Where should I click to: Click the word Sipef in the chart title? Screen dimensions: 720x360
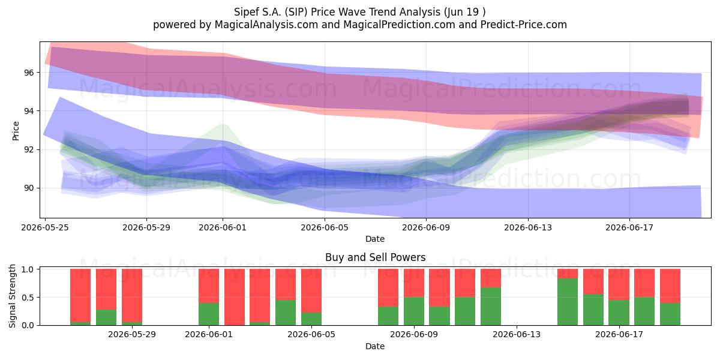(244, 12)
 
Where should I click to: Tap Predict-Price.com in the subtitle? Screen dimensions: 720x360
(524, 25)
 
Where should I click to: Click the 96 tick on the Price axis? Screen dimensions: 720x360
(29, 73)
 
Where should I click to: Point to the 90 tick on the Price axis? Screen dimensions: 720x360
(29, 188)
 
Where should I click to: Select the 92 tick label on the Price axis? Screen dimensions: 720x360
(29, 149)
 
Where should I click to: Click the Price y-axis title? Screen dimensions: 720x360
(16, 131)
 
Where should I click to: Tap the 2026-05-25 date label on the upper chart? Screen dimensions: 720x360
(45, 227)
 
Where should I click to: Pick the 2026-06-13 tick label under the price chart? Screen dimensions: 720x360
(528, 227)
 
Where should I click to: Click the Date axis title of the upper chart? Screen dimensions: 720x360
(375, 239)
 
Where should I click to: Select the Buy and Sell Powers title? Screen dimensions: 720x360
(375, 257)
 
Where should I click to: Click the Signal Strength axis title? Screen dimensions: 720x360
(12, 296)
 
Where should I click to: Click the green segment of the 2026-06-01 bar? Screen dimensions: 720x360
(209, 314)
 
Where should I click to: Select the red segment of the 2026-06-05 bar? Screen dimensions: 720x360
(311, 291)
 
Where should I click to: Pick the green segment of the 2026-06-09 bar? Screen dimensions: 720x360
(414, 311)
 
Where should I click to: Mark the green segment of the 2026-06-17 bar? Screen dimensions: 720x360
(619, 313)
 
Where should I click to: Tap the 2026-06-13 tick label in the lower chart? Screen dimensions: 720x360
(517, 335)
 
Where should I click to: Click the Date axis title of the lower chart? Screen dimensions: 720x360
(375, 346)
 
